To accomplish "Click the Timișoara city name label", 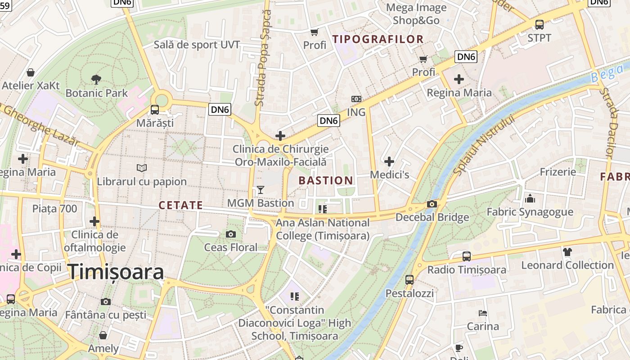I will [116, 272].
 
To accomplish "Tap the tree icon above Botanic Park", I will [96, 80].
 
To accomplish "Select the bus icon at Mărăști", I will [154, 109].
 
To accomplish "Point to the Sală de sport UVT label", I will [197, 45].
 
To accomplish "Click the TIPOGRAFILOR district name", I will [378, 39].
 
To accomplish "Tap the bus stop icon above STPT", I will [539, 25].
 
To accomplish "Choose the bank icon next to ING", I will [356, 99].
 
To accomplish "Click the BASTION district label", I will [326, 181].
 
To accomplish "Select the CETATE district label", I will [181, 205].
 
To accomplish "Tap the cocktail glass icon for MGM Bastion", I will [260, 190].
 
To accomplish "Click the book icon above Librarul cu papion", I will [142, 168].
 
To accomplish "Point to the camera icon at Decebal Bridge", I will [432, 204].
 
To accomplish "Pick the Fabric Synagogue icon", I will [530, 198].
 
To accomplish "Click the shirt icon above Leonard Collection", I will [567, 252].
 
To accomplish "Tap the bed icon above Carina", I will [482, 313].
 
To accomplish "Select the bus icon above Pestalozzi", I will [409, 279].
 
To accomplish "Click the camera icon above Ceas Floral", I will [231, 234].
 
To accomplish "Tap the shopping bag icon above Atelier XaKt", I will [31, 72].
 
